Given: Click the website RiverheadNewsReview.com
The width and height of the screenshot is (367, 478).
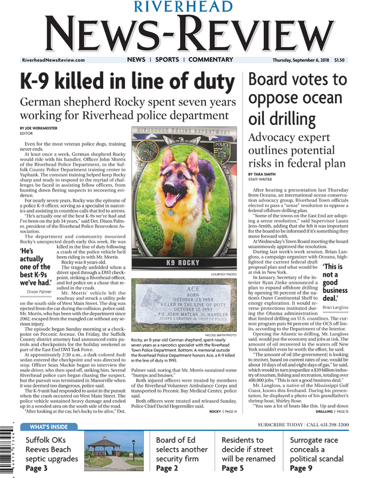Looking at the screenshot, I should [53, 60].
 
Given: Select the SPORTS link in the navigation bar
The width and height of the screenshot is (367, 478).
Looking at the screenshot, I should [167, 60].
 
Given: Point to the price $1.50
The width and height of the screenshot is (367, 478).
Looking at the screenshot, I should [339, 60].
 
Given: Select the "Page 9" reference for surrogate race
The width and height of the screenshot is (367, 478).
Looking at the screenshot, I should [301, 468].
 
